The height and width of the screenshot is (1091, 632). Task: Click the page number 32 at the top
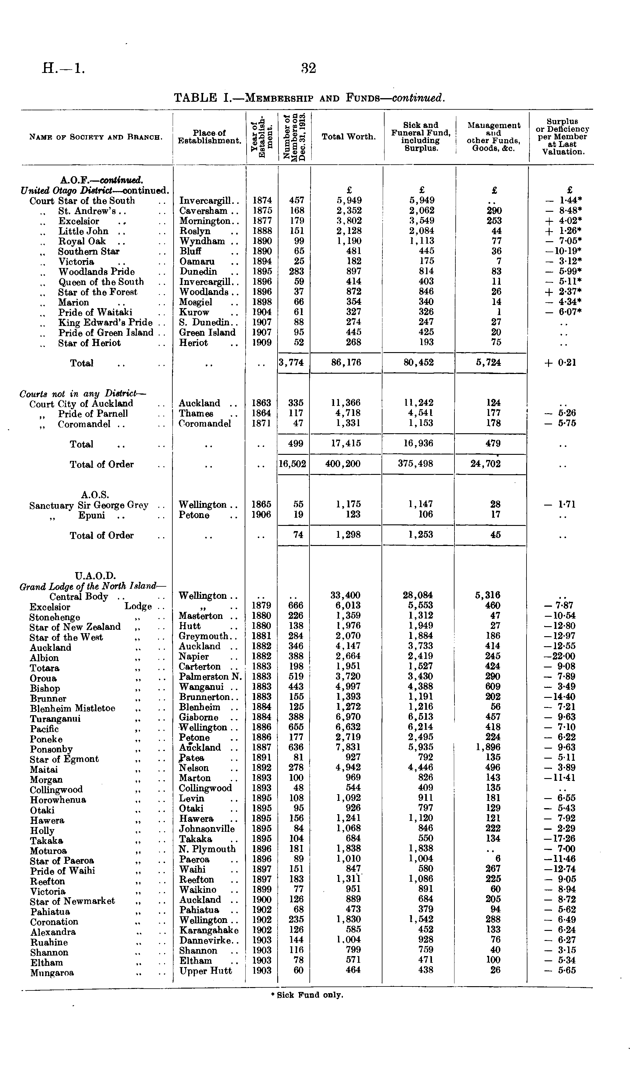309,68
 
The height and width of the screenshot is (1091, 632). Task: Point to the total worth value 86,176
346,362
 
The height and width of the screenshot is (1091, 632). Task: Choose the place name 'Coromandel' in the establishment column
205,424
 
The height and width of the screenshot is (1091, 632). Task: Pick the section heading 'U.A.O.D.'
95,576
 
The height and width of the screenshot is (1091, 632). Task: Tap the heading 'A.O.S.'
95,494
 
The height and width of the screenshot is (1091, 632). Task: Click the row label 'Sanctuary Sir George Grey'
89,505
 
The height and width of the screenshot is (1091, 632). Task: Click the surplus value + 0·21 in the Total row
560,363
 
